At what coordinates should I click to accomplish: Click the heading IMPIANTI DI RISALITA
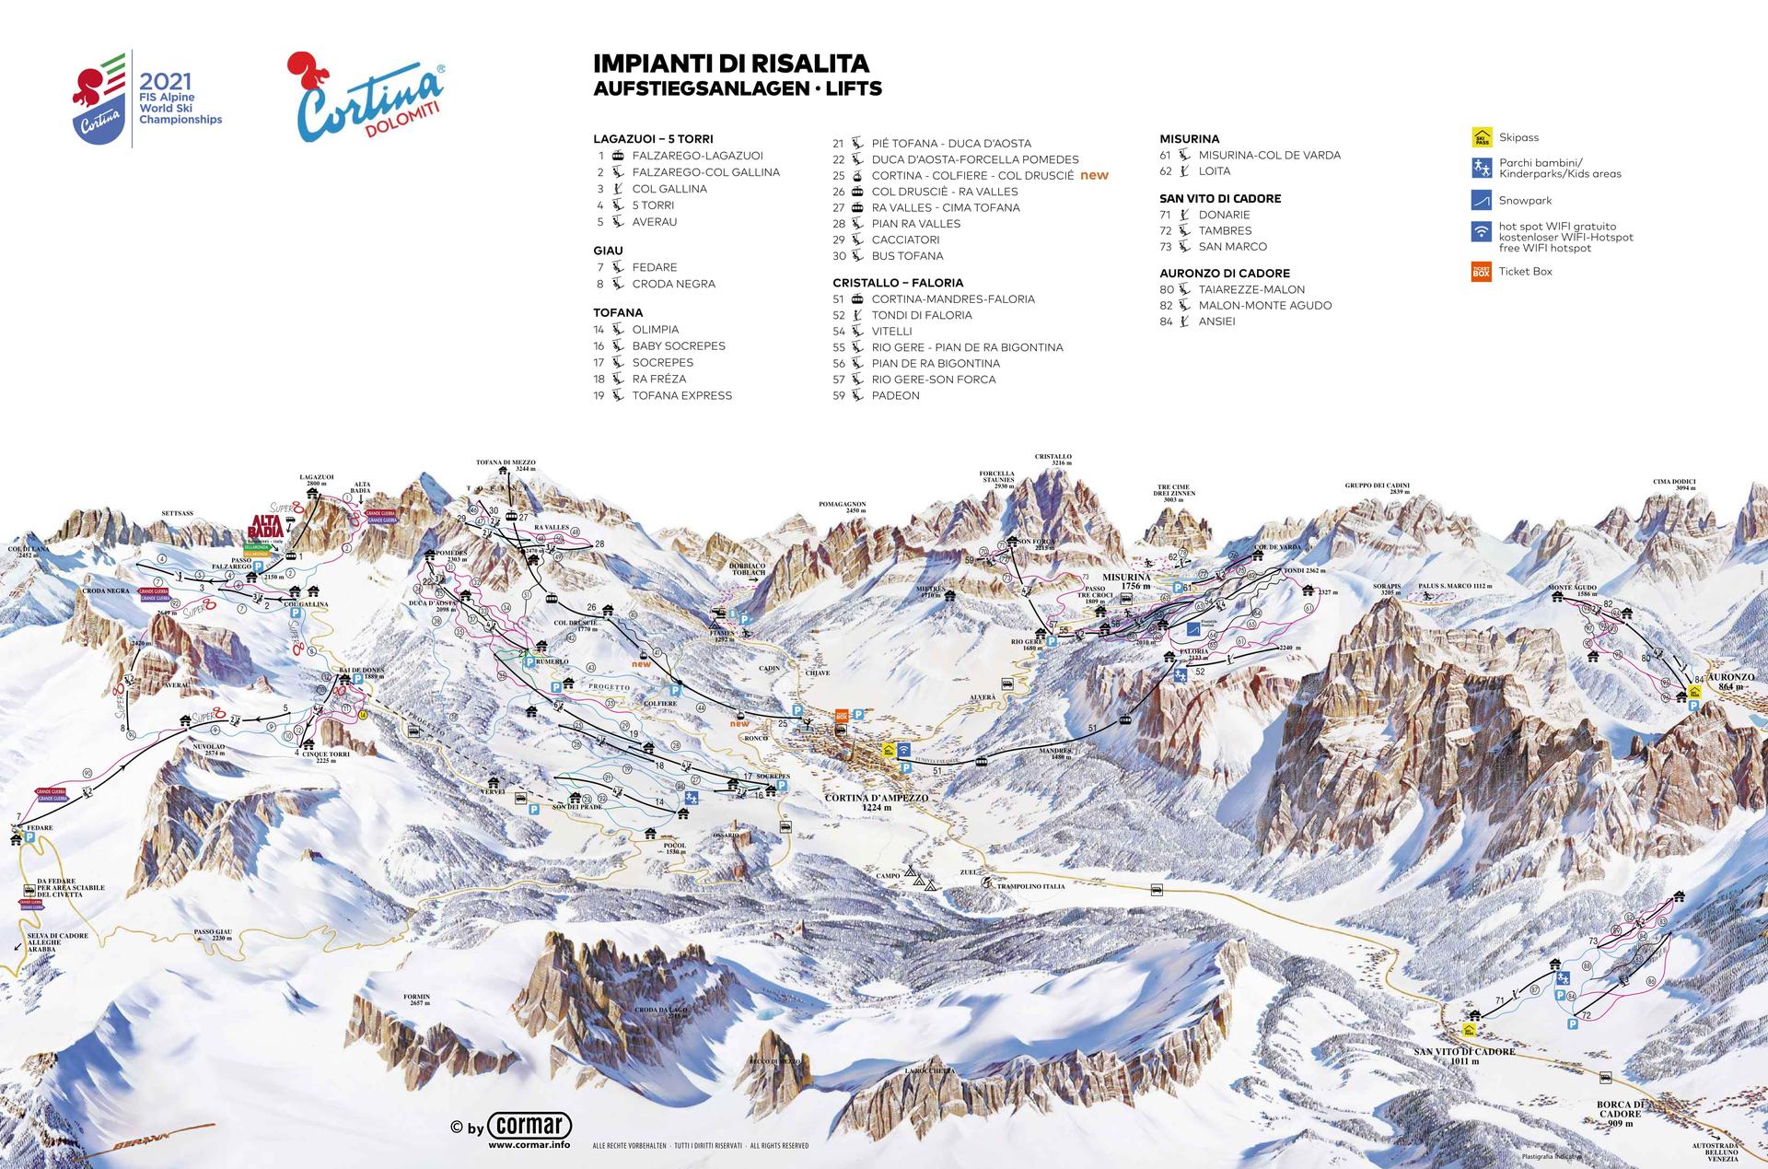(x=731, y=64)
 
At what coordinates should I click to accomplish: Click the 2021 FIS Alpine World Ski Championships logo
(x=147, y=99)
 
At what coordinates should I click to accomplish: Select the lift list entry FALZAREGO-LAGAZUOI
(x=697, y=156)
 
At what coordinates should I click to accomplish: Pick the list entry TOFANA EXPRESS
(x=681, y=395)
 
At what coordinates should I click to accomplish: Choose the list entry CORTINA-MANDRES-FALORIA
(x=953, y=298)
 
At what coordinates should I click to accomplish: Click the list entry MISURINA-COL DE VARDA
(x=1269, y=155)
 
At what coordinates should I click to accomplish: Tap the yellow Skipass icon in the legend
(x=1481, y=137)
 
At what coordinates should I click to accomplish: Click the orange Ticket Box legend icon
(x=1481, y=272)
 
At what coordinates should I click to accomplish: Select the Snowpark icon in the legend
(x=1481, y=200)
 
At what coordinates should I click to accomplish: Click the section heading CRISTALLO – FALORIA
(x=898, y=283)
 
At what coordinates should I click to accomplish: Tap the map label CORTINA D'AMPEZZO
(x=876, y=798)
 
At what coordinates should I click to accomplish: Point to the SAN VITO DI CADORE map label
(x=1464, y=1051)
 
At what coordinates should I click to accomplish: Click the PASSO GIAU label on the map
(x=213, y=932)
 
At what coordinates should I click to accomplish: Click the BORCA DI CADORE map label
(x=1620, y=1109)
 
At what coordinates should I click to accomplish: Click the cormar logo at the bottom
(x=529, y=1126)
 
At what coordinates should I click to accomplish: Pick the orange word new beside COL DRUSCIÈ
(x=1094, y=175)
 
